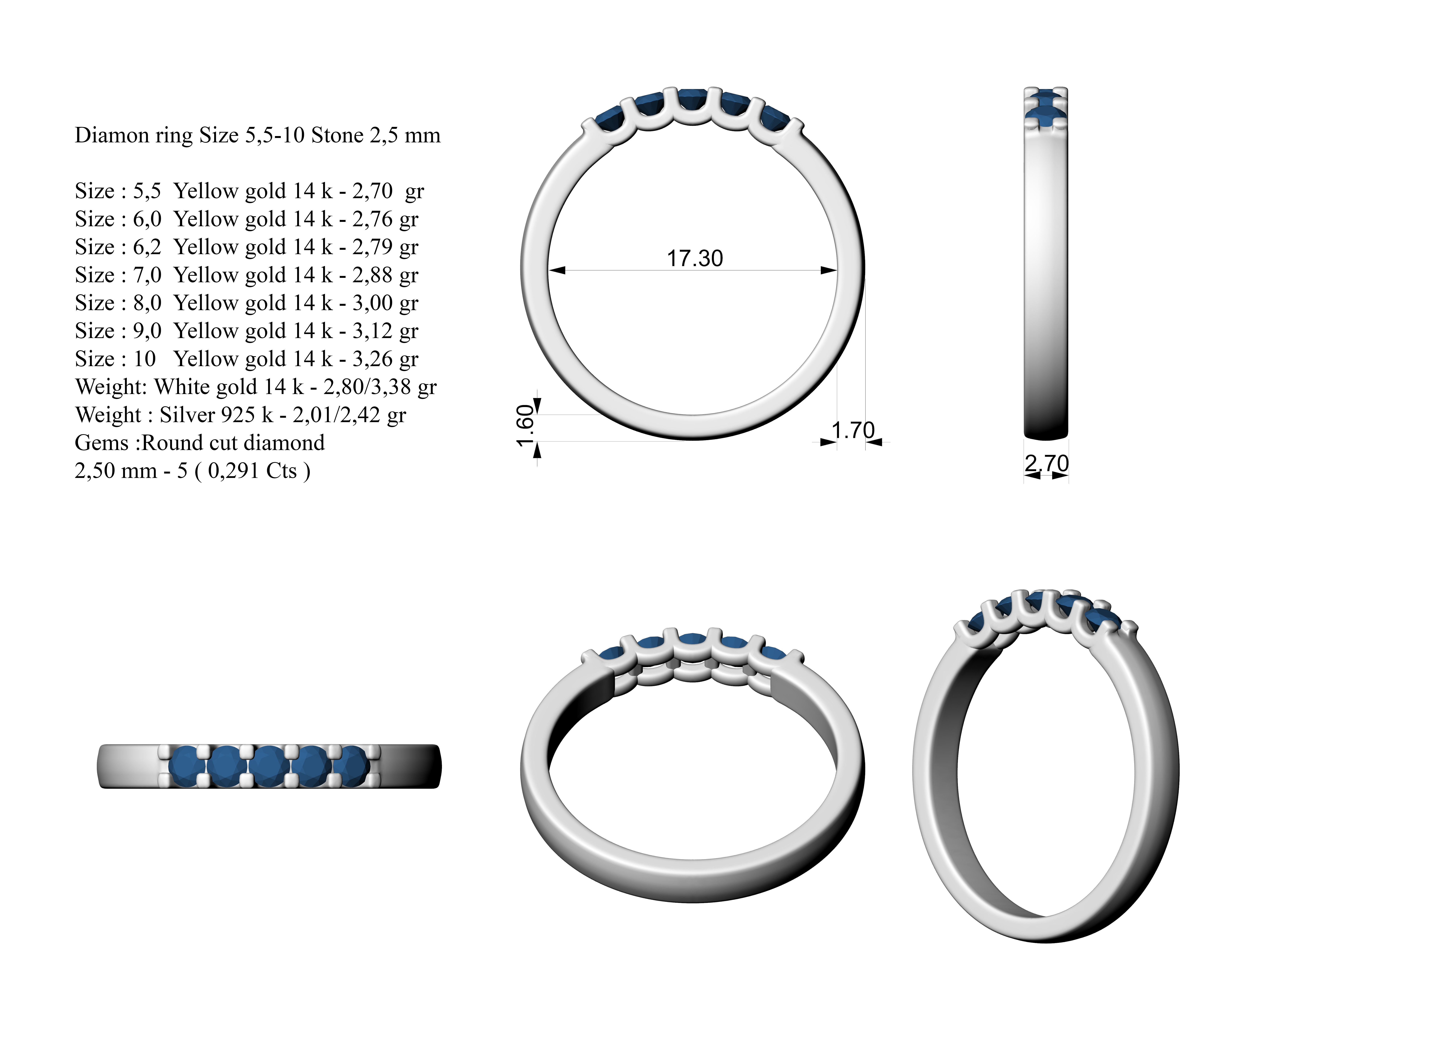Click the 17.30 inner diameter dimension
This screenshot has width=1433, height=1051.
pos(695,258)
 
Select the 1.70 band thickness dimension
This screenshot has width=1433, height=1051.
pos(853,431)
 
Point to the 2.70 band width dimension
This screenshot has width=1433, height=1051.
pos(1046,463)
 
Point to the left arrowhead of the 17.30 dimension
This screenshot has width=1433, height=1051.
pos(557,270)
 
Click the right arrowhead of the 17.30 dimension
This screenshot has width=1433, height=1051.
pos(829,270)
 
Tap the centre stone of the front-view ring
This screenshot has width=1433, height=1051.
pos(692,100)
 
